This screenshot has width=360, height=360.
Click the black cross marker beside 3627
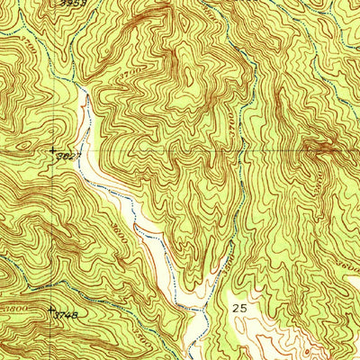(x=52, y=149)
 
